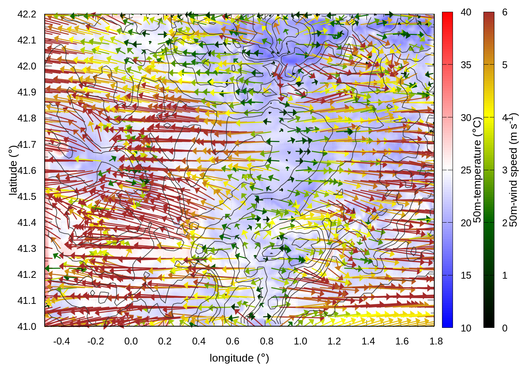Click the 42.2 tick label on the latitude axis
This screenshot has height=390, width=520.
coord(27,14)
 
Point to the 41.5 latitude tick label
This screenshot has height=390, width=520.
coord(27,197)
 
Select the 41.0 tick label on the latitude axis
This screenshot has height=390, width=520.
coord(27,327)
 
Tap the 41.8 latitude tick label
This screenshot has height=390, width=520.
coord(27,118)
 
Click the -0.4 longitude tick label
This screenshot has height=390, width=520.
coord(61,341)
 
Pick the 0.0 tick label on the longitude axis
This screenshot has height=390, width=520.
coord(131,341)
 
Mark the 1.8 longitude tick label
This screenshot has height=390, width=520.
coord(436,341)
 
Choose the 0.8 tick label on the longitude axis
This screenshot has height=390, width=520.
coord(266,341)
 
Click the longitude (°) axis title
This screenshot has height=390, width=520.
coord(239,358)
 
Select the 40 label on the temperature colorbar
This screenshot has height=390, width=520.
coord(466,13)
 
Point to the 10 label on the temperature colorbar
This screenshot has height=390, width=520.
coord(466,328)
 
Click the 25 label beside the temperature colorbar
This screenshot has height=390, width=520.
coord(466,170)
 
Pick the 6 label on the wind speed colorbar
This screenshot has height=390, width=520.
coord(505,13)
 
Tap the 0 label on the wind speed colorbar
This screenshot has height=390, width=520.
coord(505,328)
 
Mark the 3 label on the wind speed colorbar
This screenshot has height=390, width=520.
coord(505,170)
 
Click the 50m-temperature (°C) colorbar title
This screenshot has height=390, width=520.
coord(478,170)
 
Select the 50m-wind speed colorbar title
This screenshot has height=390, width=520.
coord(514,170)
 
